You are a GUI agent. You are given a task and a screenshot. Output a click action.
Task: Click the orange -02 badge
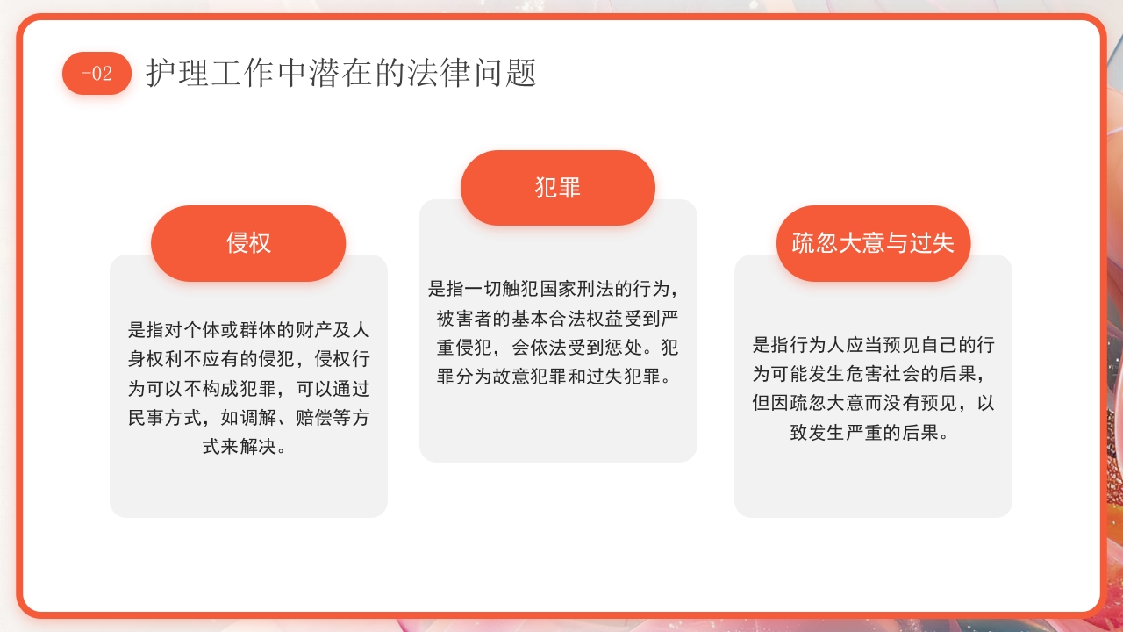tap(97, 74)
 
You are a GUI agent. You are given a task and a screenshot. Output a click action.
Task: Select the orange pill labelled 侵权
tap(248, 243)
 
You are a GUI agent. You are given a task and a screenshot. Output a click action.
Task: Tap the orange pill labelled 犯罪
tap(558, 188)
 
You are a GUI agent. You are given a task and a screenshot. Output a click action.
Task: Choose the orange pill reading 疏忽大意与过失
tap(873, 243)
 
